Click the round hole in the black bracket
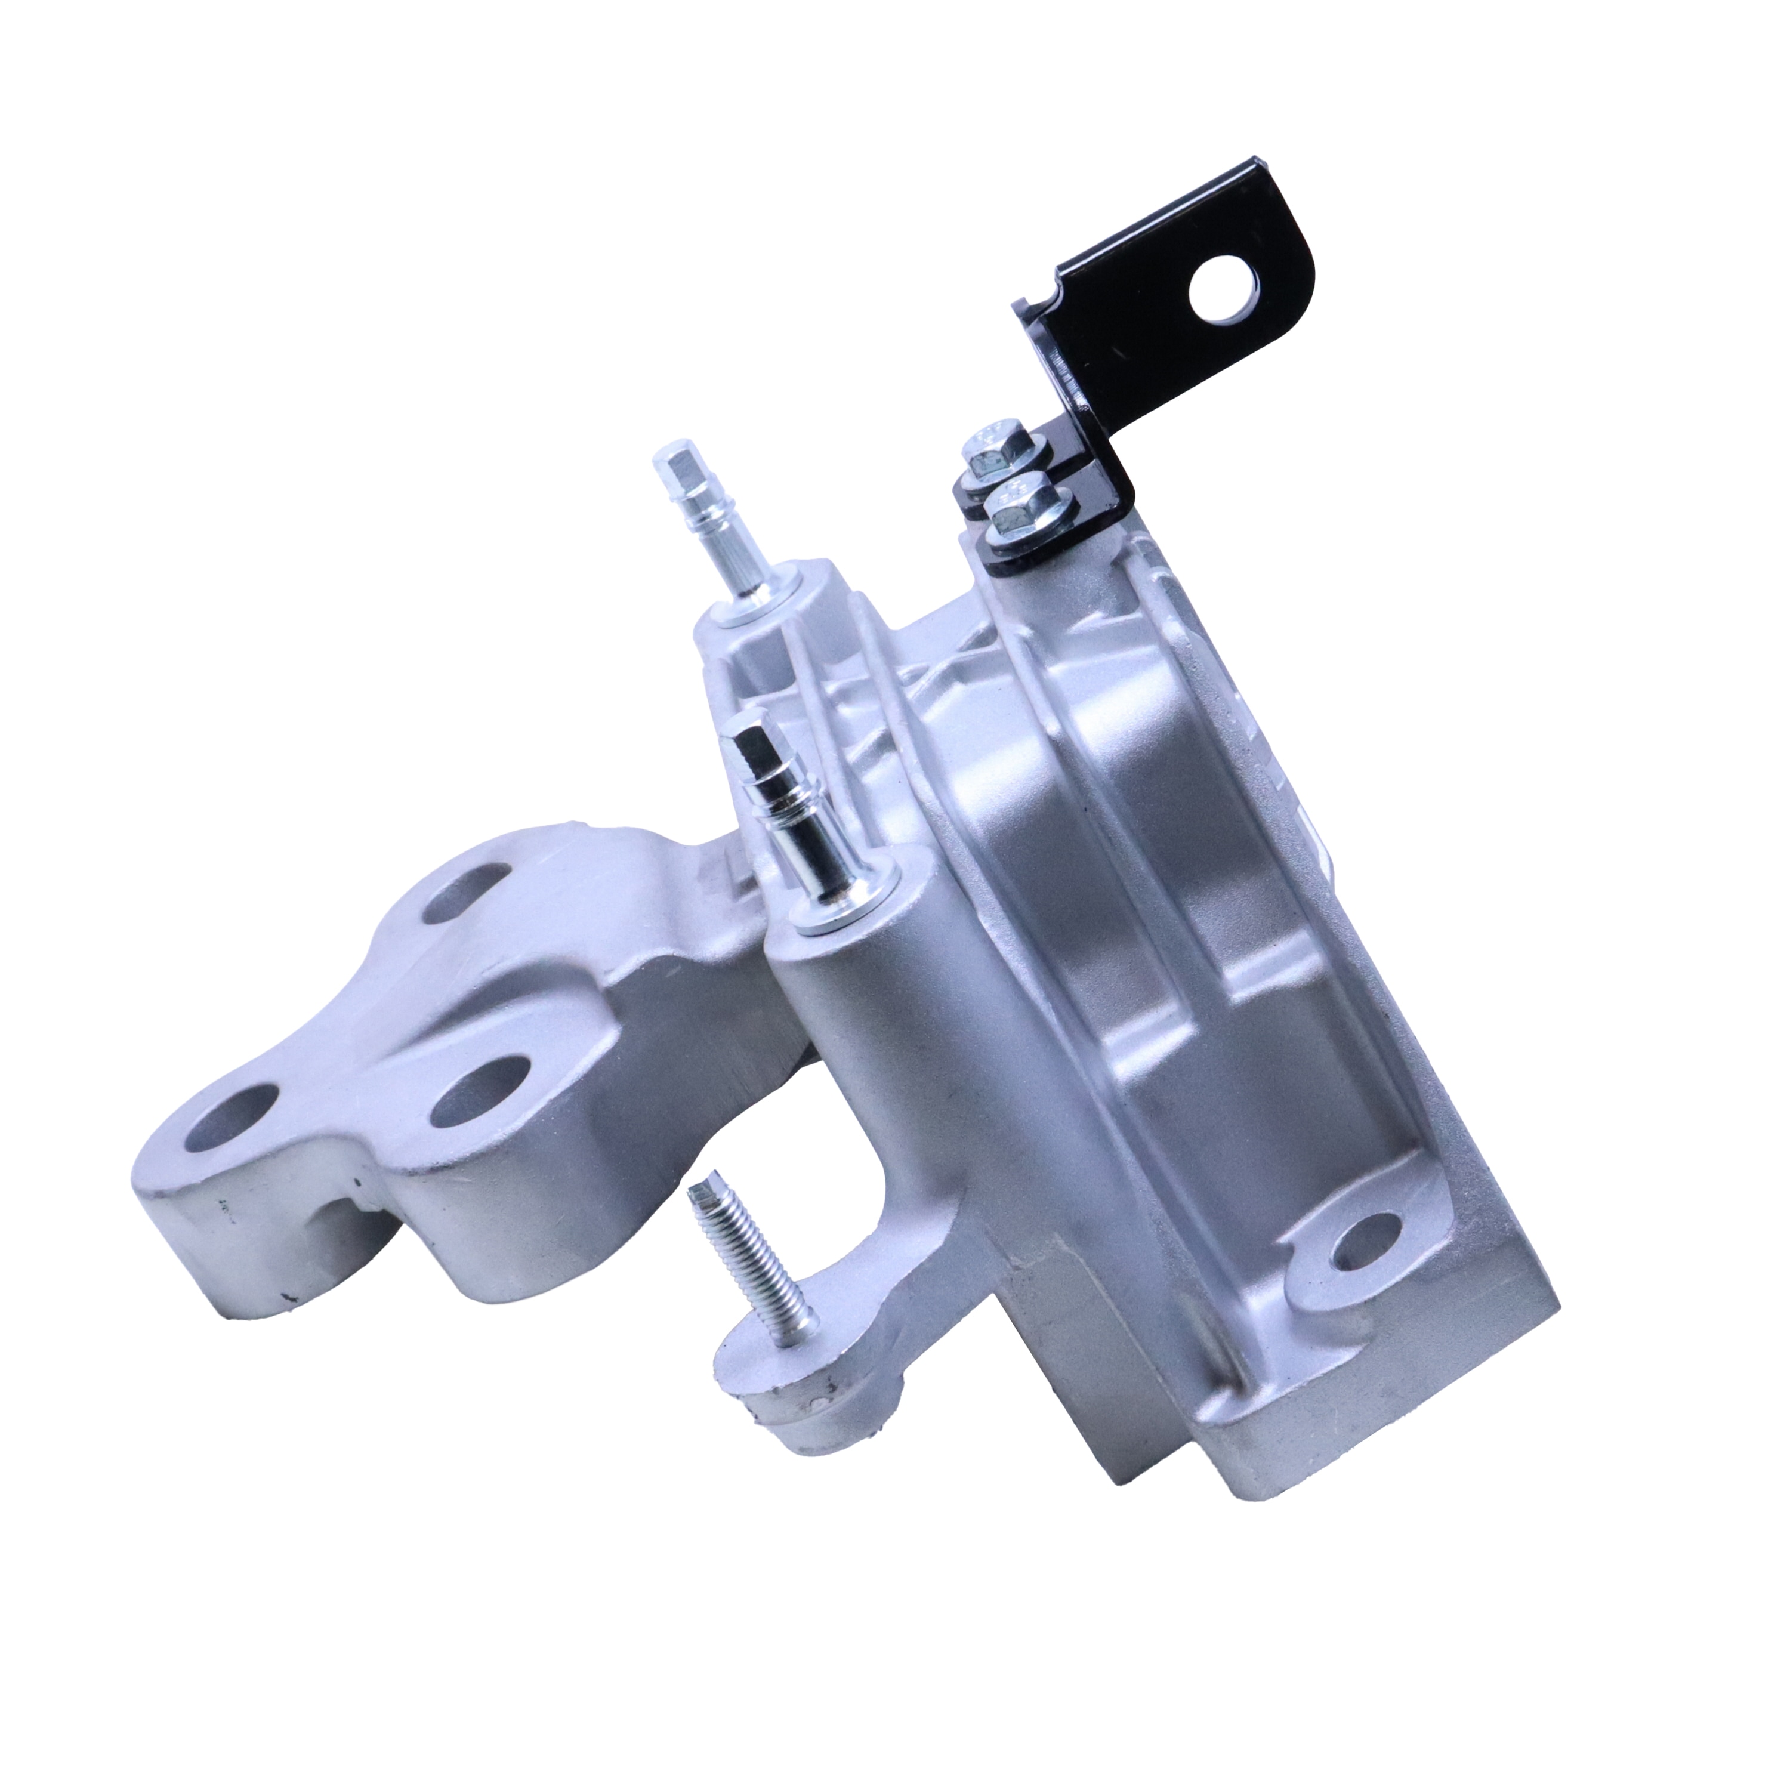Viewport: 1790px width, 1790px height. click(1226, 290)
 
